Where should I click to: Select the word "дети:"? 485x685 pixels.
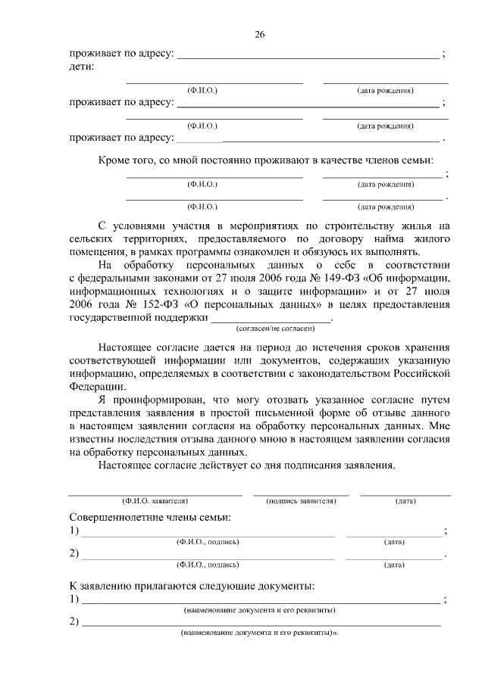82,67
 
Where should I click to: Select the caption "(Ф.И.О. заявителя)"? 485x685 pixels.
155,501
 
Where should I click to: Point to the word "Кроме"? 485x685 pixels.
114,160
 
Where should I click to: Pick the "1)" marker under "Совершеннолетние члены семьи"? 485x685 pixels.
74,531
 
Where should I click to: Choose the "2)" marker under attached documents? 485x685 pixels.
74,622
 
